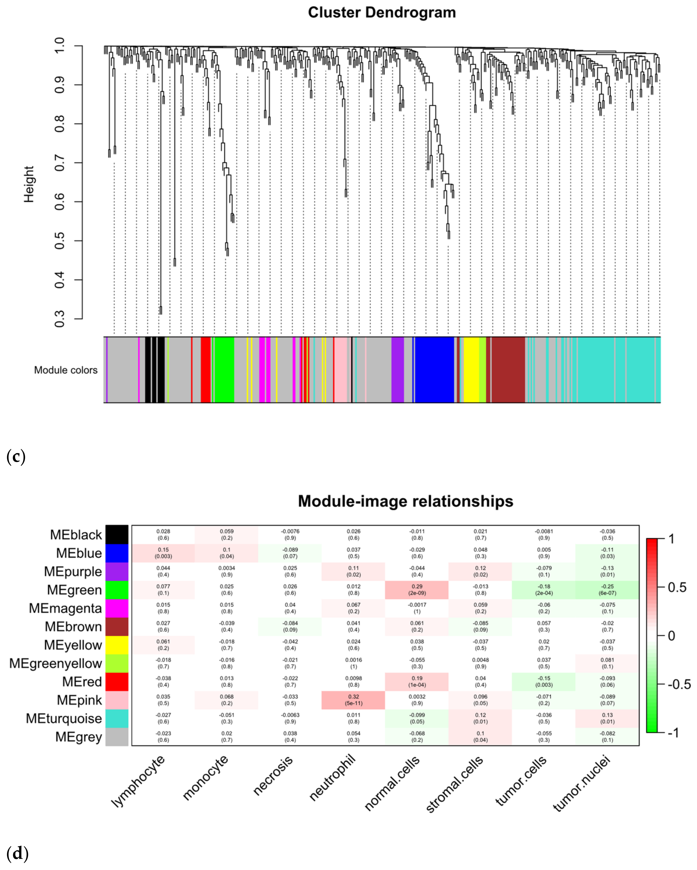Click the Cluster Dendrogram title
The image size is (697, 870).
click(382, 12)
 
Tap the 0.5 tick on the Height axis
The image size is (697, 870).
click(59, 241)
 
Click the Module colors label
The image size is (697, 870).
click(66, 370)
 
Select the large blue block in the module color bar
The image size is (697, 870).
click(435, 370)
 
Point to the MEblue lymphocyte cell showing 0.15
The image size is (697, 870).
click(164, 553)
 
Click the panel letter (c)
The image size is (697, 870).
click(16, 457)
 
